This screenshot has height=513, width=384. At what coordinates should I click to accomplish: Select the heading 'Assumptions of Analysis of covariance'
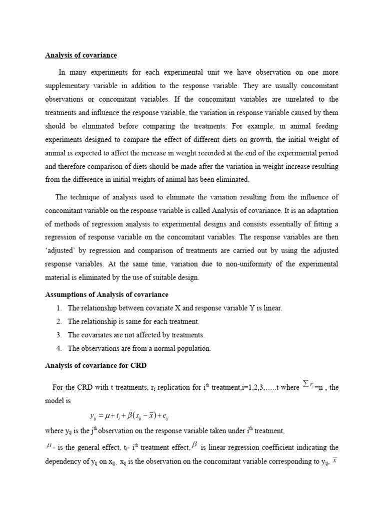(x=106, y=295)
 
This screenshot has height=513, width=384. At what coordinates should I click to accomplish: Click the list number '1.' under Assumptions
(x=59, y=308)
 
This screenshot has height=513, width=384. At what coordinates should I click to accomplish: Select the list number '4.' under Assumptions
(x=59, y=349)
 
